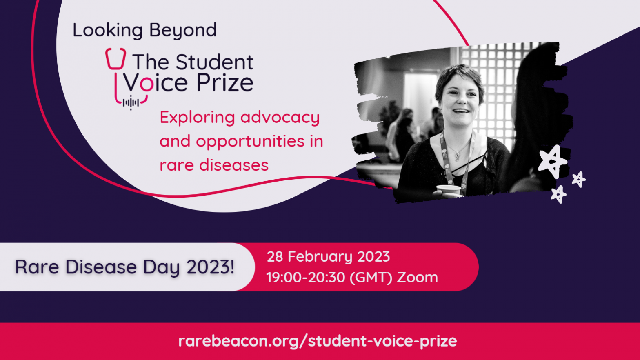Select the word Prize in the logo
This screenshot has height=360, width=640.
coord(225,83)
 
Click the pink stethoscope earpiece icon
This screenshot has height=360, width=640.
coord(116,59)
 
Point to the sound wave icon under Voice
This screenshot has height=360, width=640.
coord(131,102)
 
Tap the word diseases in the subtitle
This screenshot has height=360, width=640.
coord(234,165)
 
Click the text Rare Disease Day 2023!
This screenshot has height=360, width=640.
coord(124,267)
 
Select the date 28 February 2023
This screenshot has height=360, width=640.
coord(328,257)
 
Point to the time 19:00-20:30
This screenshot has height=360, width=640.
coord(306,278)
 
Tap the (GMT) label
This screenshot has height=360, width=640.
coord(371,278)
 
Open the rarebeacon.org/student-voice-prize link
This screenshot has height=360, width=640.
coord(318,341)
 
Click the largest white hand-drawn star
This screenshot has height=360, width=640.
coord(553,162)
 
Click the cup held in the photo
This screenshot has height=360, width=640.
coord(449,190)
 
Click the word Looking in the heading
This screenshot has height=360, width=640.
coord(108,31)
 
